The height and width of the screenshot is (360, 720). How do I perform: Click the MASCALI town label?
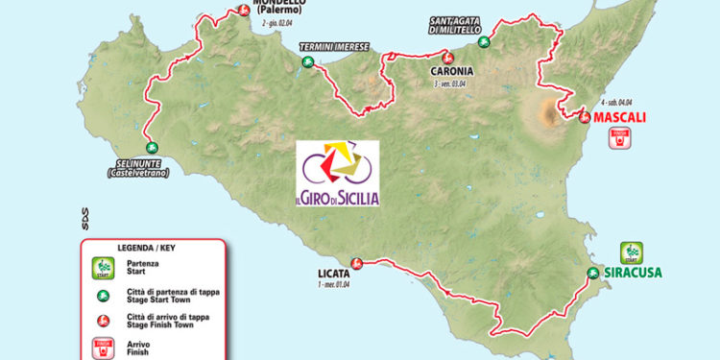(x=619, y=118)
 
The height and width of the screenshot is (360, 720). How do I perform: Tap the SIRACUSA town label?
(x=633, y=272)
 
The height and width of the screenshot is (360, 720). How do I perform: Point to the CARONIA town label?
(x=455, y=70)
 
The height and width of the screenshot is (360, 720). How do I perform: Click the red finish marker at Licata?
(x=355, y=262)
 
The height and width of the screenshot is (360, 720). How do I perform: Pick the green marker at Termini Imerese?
(x=307, y=62)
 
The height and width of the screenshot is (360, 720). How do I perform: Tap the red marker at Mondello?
(x=244, y=11)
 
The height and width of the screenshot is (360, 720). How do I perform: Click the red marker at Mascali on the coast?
(x=584, y=117)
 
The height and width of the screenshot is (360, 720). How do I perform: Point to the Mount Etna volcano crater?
(x=550, y=114)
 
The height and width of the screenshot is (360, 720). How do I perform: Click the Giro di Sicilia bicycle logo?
(x=337, y=174)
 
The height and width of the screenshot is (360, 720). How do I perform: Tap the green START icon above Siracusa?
(x=631, y=252)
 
